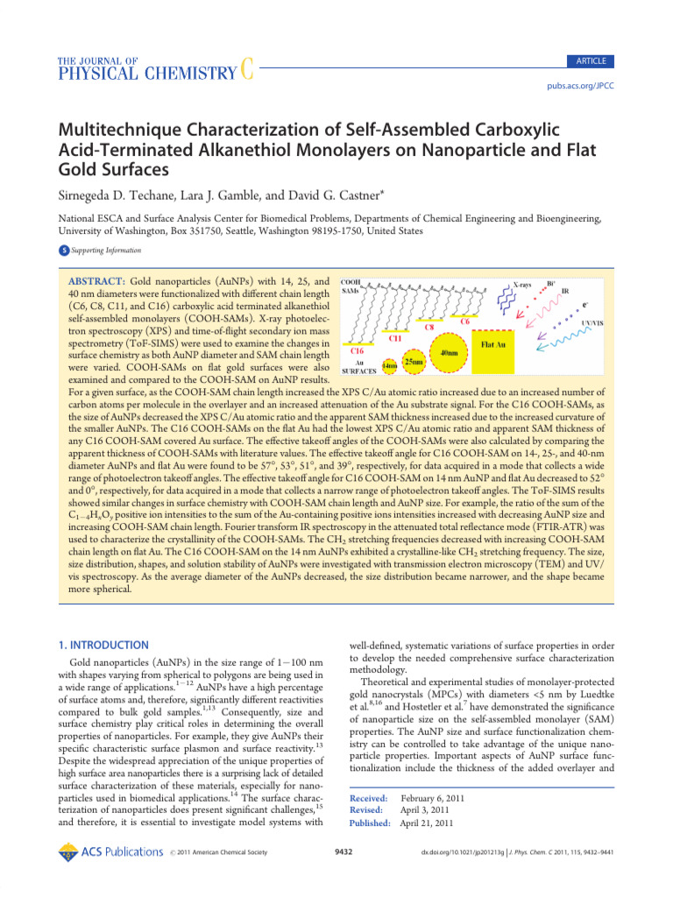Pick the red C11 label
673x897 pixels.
(395, 336)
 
